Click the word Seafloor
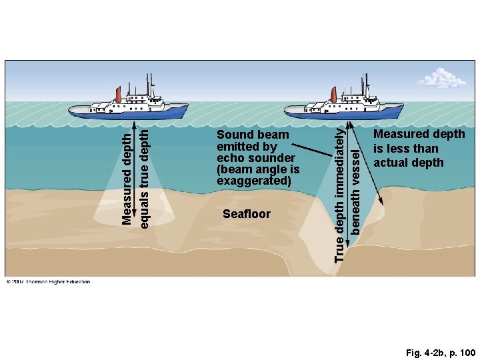tap(246, 214)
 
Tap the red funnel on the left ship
tap(118, 95)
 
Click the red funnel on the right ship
tap(331, 95)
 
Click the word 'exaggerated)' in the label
tap(254, 181)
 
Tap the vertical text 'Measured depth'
tap(127, 176)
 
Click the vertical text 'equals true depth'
tap(144, 176)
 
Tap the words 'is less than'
tap(405, 149)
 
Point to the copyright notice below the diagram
tap(48, 281)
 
